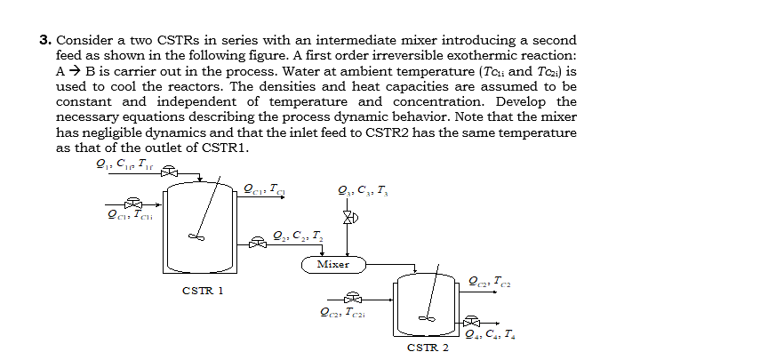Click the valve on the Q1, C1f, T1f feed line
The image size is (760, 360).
point(164,175)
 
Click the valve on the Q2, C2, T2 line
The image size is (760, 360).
point(259,241)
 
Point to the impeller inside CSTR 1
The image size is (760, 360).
point(197,237)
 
